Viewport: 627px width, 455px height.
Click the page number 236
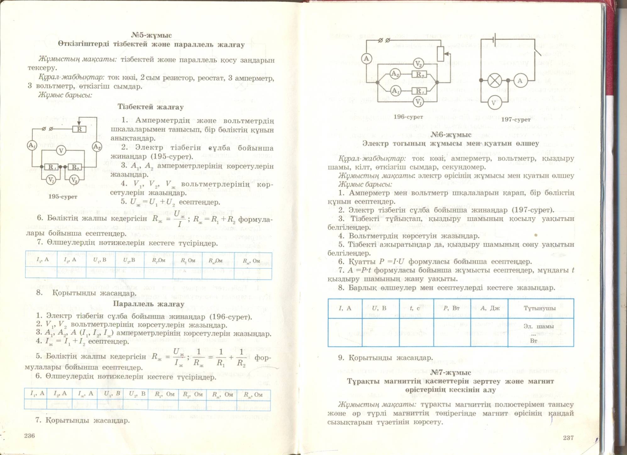(x=30, y=436)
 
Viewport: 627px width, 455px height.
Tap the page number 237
(x=568, y=437)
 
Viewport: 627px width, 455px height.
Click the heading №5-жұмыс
(x=151, y=35)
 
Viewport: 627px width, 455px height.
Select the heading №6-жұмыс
(x=451, y=135)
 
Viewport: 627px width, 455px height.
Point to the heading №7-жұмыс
(x=451, y=373)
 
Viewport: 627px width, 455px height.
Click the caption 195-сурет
(x=63, y=197)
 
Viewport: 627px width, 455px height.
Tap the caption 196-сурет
(x=408, y=117)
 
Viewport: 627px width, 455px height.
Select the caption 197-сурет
(x=516, y=119)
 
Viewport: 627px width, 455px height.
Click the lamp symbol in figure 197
(x=494, y=80)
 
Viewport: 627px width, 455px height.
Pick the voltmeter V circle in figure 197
(x=493, y=103)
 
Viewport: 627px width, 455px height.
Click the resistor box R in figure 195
(x=79, y=129)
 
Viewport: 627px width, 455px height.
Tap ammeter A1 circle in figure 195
(x=32, y=146)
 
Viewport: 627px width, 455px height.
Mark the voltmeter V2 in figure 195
(x=74, y=180)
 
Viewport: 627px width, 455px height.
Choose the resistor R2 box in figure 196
(x=419, y=75)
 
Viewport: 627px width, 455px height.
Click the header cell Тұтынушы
(x=540, y=308)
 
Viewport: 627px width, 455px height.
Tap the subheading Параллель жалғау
(x=148, y=304)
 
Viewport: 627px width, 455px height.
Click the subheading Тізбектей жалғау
(x=151, y=107)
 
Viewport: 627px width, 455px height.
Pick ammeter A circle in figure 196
(x=366, y=58)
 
